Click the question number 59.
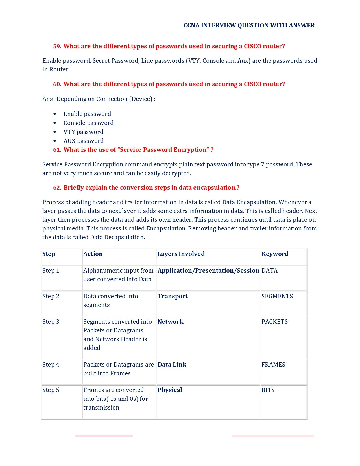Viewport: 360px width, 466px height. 57,46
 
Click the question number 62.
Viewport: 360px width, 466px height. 57,188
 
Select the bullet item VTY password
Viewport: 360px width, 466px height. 83,132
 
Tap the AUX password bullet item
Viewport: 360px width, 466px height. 84,141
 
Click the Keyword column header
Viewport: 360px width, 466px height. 275,254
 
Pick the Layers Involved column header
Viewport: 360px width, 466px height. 181,254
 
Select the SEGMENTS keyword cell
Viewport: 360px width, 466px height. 277,296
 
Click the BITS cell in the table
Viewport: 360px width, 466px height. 268,390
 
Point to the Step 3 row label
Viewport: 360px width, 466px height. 51,322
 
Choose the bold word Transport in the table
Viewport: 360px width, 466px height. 173,296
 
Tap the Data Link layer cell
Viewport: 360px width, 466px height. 172,365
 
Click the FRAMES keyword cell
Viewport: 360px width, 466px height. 273,365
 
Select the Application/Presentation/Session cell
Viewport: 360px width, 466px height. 208,271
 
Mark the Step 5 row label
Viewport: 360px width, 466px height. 51,390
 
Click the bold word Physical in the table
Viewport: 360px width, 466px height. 170,390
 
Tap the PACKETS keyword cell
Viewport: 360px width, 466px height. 274,322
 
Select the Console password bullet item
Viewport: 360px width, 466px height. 88,123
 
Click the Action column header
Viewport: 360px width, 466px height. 93,254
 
